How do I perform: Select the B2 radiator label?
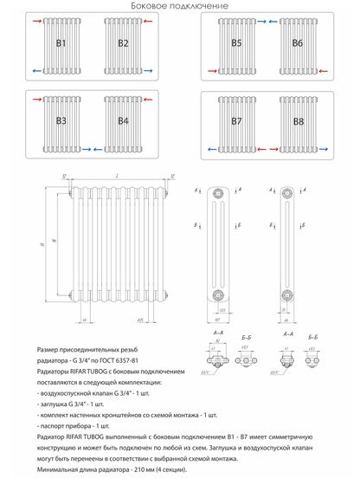[x=123, y=42]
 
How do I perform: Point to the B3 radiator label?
[x=61, y=120]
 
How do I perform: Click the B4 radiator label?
[x=123, y=120]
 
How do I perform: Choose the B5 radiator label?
[x=236, y=42]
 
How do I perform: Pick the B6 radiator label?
[x=298, y=42]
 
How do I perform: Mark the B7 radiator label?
[x=236, y=120]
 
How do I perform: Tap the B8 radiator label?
[x=298, y=120]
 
